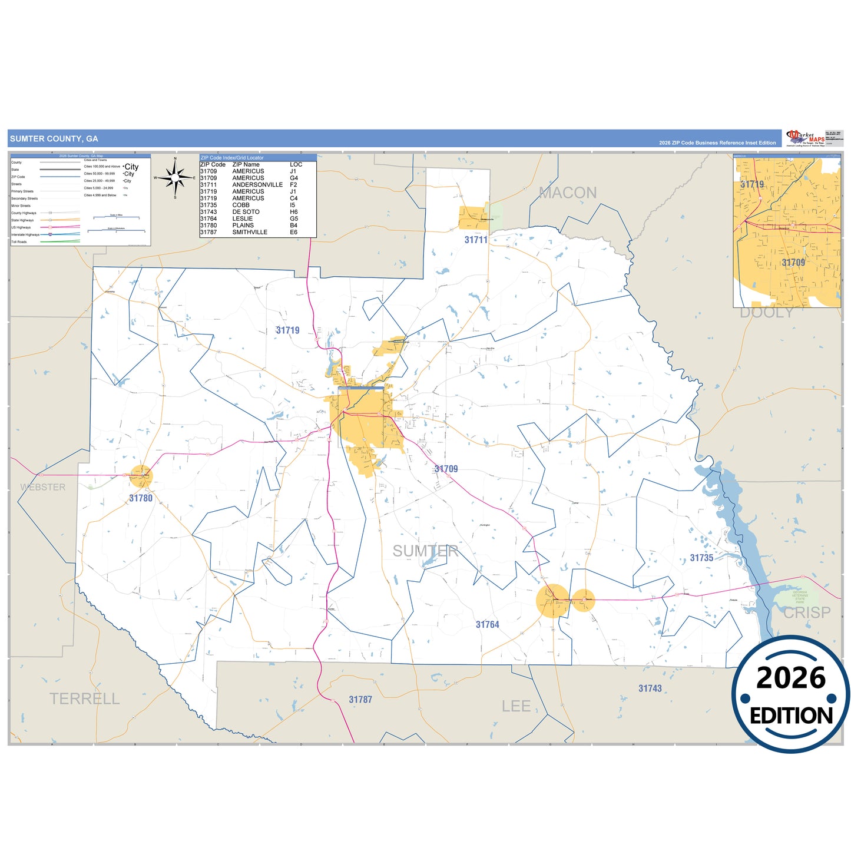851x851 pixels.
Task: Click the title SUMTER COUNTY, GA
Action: (x=54, y=139)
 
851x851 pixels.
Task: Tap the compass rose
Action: (x=175, y=177)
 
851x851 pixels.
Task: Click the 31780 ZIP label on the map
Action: (x=141, y=498)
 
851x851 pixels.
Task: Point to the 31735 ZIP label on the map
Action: (x=701, y=558)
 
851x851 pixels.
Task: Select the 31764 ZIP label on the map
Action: (x=487, y=624)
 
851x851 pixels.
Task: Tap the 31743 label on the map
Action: (x=650, y=688)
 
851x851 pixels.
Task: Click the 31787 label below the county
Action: (x=360, y=700)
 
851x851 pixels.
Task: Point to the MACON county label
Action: (x=568, y=193)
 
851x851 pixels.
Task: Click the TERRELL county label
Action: (x=84, y=699)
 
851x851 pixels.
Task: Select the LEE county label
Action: (x=516, y=706)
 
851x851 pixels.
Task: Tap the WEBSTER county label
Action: (x=43, y=487)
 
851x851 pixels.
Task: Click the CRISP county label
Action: (x=807, y=612)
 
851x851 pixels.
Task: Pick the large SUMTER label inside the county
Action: (x=425, y=551)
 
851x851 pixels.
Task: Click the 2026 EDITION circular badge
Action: (x=790, y=694)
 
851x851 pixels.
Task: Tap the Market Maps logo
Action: (x=805, y=138)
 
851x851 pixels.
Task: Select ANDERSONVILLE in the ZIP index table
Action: (x=257, y=185)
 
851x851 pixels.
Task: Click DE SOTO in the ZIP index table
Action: (x=246, y=212)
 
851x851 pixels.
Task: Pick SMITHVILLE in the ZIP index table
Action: (x=250, y=232)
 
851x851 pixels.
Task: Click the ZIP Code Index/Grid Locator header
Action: (x=232, y=158)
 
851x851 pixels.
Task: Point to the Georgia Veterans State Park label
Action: (x=800, y=597)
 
